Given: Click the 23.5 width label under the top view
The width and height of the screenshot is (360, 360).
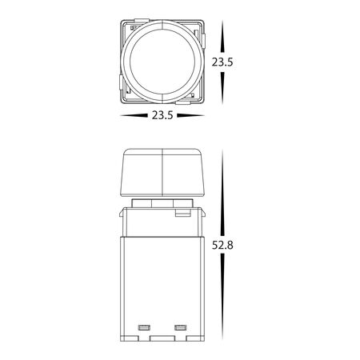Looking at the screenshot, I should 162,116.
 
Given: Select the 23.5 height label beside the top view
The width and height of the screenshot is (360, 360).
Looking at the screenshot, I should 223,62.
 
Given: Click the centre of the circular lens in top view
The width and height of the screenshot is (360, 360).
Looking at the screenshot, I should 162,62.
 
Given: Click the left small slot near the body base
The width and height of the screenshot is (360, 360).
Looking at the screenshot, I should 145,327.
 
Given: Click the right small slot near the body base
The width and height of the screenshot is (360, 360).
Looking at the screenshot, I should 180,327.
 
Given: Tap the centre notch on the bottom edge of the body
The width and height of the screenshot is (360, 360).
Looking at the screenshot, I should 162,337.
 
